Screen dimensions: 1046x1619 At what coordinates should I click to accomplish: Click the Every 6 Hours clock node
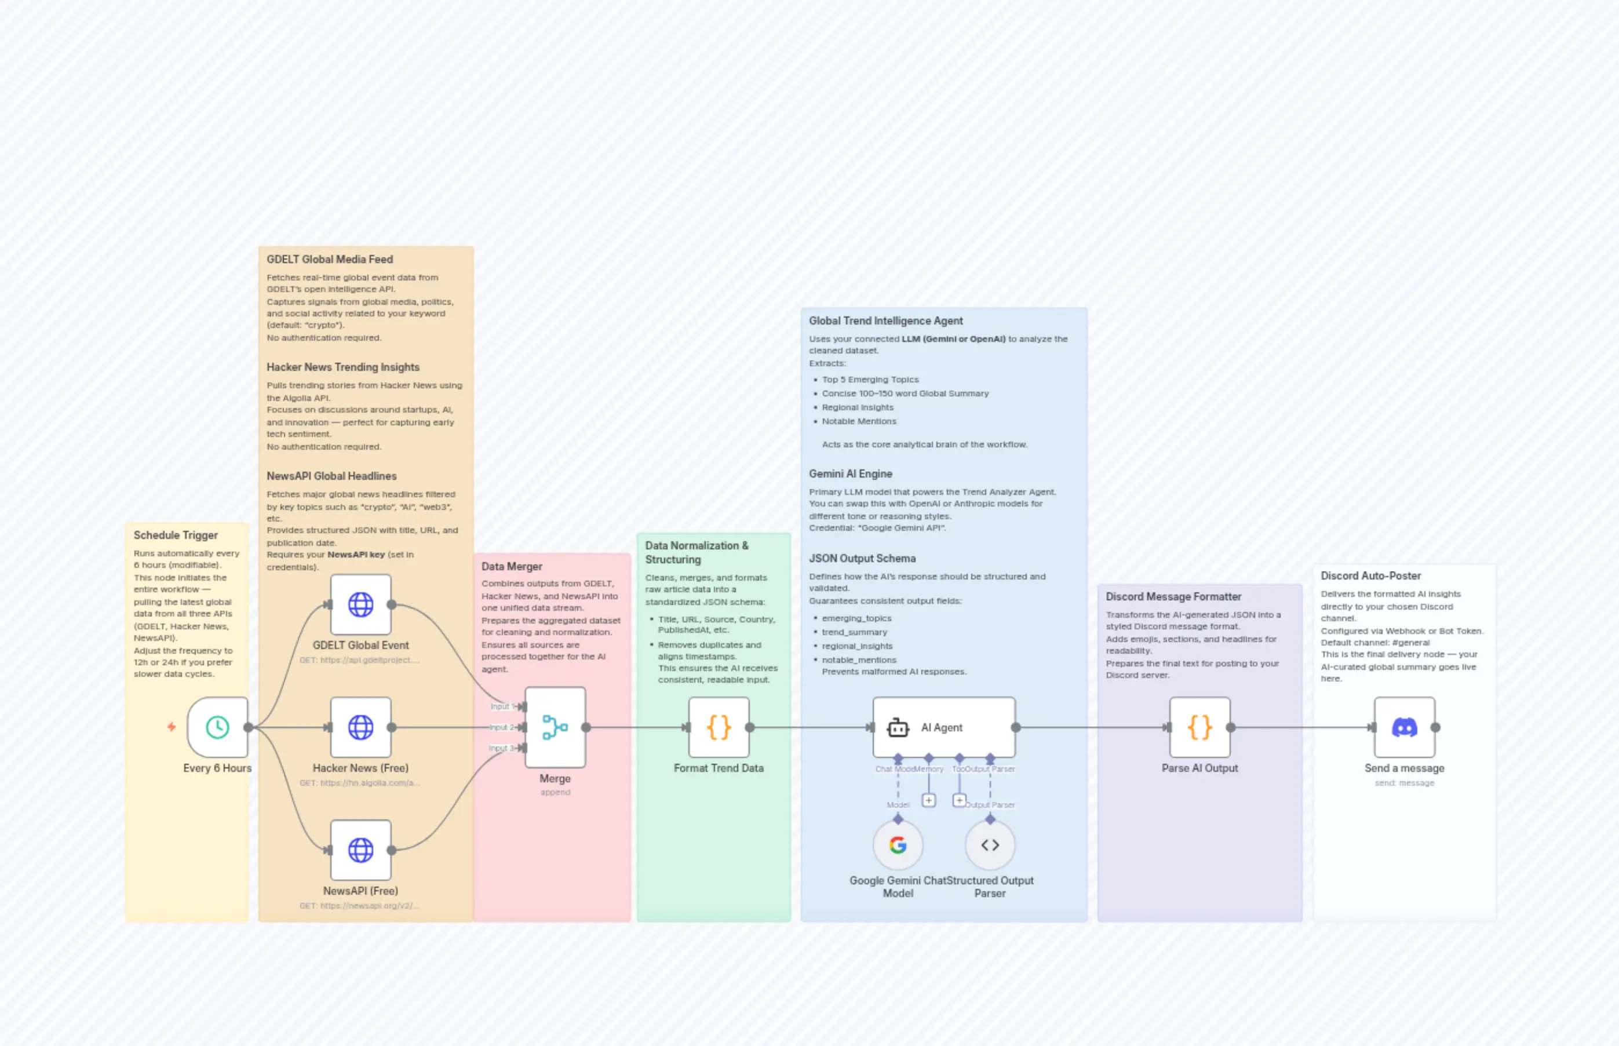click(x=217, y=727)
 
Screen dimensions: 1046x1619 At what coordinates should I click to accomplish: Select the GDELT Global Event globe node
click(x=360, y=604)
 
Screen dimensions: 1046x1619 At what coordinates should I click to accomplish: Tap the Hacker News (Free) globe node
click(x=360, y=727)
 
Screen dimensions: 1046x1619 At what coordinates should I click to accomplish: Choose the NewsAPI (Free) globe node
click(x=360, y=850)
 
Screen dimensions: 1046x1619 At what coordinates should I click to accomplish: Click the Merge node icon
click(x=555, y=727)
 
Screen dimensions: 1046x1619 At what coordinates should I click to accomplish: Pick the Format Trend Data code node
click(x=719, y=727)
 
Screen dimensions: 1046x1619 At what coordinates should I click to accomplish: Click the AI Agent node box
click(x=944, y=727)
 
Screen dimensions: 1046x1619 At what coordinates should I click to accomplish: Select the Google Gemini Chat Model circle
click(x=898, y=845)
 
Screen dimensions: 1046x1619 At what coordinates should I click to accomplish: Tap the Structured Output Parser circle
click(x=990, y=845)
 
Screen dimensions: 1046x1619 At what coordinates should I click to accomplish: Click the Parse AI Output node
click(x=1199, y=727)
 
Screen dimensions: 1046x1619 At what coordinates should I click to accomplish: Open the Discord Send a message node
click(x=1405, y=727)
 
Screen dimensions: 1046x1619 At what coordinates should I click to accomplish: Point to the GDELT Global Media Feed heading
click(x=329, y=260)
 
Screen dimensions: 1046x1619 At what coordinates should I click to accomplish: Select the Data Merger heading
click(x=512, y=567)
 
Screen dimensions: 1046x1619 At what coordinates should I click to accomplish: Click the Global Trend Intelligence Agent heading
click(x=885, y=320)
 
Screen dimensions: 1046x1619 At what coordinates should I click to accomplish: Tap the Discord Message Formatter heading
click(x=1173, y=596)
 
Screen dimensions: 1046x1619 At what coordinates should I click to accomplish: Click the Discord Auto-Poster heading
click(x=1370, y=576)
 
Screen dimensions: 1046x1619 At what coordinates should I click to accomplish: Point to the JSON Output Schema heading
click(x=862, y=558)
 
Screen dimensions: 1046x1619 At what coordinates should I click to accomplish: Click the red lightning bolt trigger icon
click(x=172, y=727)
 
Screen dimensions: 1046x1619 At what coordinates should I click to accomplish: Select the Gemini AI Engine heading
click(x=850, y=474)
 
